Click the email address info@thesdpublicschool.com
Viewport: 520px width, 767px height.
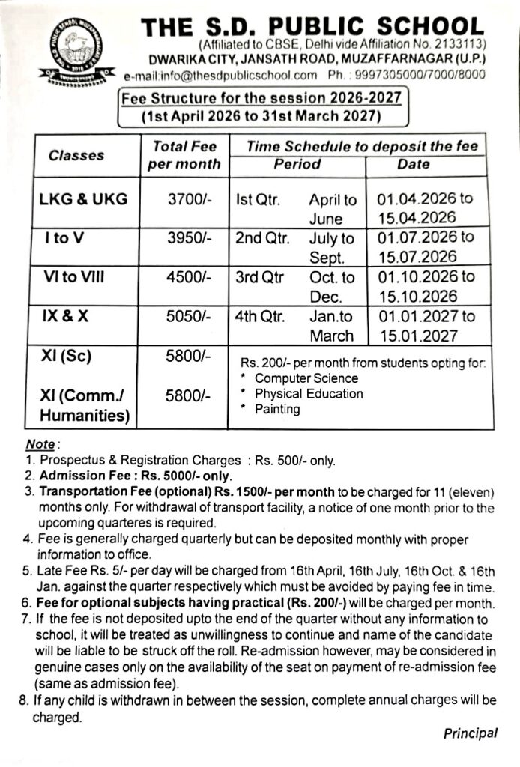(232, 75)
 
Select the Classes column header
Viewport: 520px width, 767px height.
(76, 156)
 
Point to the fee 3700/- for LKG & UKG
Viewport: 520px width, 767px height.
(190, 200)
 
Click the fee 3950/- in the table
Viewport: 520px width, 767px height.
(190, 239)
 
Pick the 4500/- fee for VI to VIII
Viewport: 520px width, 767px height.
(190, 277)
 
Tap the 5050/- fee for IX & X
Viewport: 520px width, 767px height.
(190, 316)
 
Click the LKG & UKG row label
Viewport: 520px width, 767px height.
(84, 199)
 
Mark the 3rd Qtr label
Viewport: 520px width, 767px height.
(260, 277)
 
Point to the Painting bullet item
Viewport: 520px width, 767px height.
(277, 409)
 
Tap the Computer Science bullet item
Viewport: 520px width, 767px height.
(306, 378)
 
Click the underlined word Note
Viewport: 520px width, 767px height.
(39, 445)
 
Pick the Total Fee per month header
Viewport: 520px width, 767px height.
(184, 156)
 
